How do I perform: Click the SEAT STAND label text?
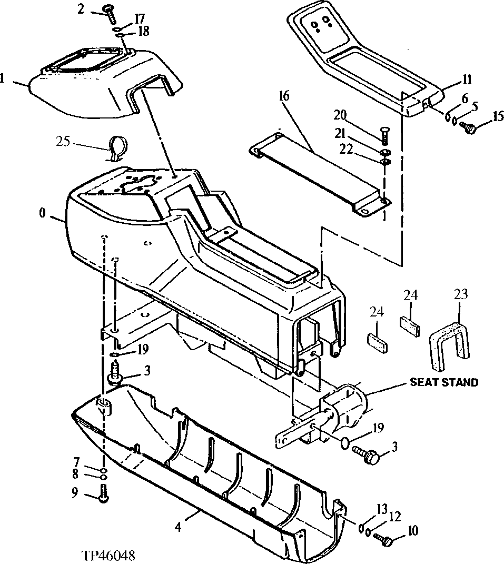(x=444, y=382)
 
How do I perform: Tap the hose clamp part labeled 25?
(x=117, y=147)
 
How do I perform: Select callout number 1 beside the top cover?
(x=3, y=79)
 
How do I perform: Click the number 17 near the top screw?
(x=139, y=18)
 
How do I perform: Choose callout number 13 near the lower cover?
(x=381, y=509)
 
